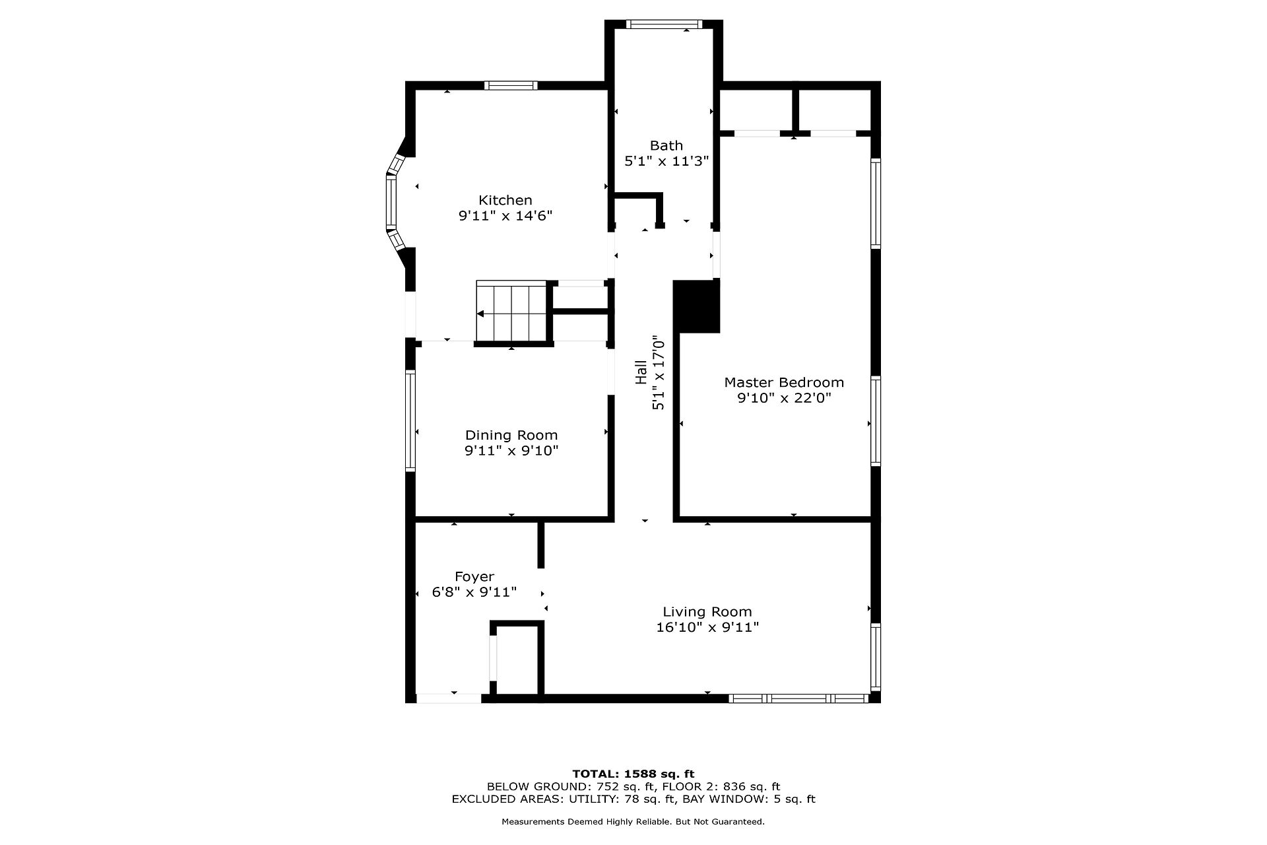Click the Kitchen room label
505,200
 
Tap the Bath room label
666,145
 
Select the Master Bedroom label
784,382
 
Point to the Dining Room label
511,435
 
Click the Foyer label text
474,577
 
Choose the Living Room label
707,612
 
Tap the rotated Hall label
641,372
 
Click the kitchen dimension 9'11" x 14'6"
505,216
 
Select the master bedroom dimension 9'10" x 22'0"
784,398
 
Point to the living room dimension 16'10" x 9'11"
707,627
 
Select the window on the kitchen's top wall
511,85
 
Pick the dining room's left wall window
410,421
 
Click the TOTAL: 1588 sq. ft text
633,774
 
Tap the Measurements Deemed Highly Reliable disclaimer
633,822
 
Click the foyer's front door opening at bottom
449,698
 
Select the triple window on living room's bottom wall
799,698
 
